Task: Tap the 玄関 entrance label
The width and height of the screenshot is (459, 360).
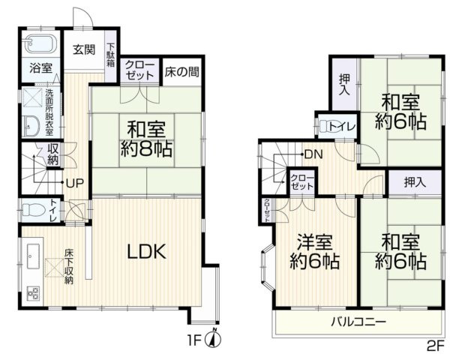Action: (x=83, y=50)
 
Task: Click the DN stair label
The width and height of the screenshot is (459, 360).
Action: (x=313, y=154)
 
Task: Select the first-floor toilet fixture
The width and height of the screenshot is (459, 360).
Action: (x=31, y=209)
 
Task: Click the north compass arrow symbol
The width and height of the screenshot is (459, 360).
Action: (x=214, y=338)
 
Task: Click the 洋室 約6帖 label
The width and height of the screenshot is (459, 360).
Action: (x=314, y=253)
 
